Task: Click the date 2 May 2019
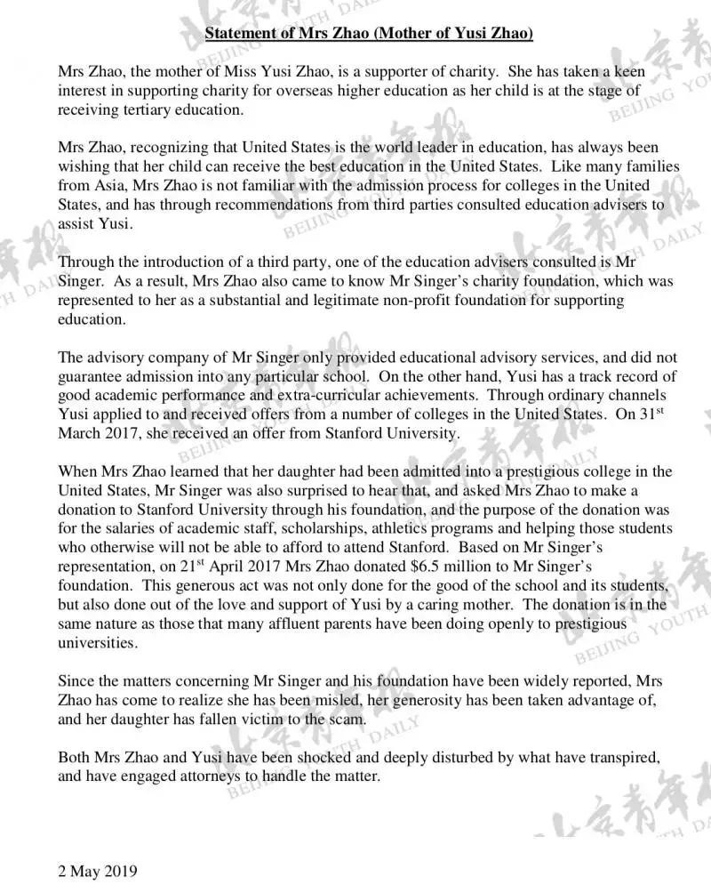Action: point(98,871)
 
